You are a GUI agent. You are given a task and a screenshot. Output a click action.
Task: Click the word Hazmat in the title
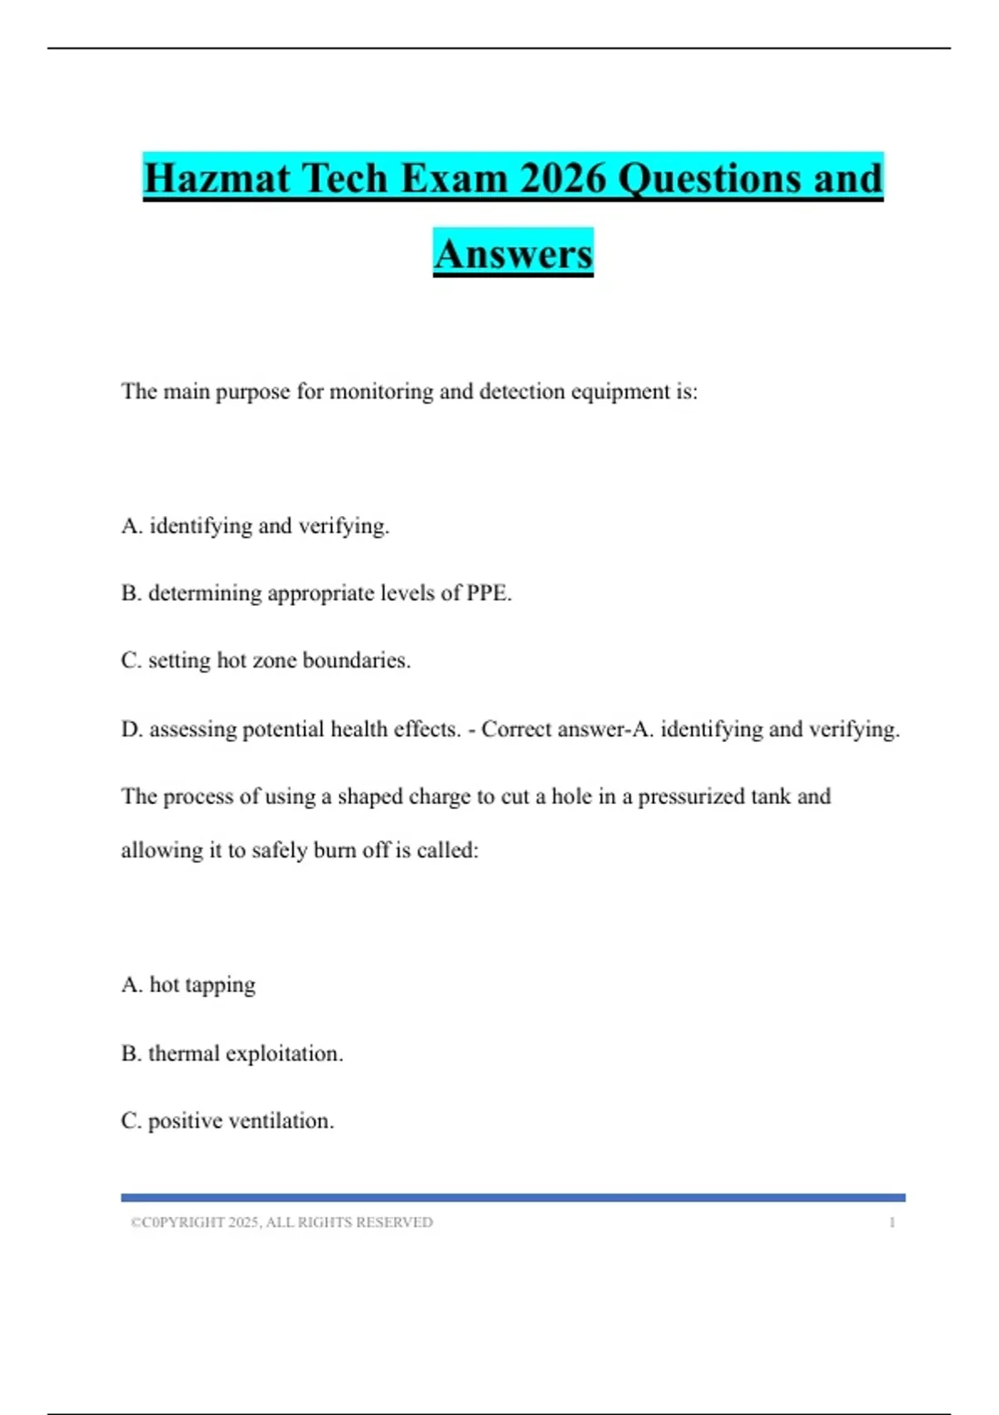[217, 178]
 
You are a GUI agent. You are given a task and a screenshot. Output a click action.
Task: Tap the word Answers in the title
[513, 254]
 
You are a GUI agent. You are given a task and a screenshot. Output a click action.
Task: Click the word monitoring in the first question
[381, 391]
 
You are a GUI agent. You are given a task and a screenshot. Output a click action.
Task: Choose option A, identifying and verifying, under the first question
[256, 526]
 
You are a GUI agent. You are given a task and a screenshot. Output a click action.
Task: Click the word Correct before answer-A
[516, 729]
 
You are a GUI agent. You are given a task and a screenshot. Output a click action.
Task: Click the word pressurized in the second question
[691, 797]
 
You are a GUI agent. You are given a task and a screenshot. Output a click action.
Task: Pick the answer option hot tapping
[189, 986]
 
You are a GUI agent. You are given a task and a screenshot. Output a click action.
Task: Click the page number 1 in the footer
[892, 1223]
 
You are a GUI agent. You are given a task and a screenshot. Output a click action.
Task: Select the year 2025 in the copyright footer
[243, 1223]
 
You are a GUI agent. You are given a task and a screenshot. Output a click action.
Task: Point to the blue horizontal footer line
[513, 1198]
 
